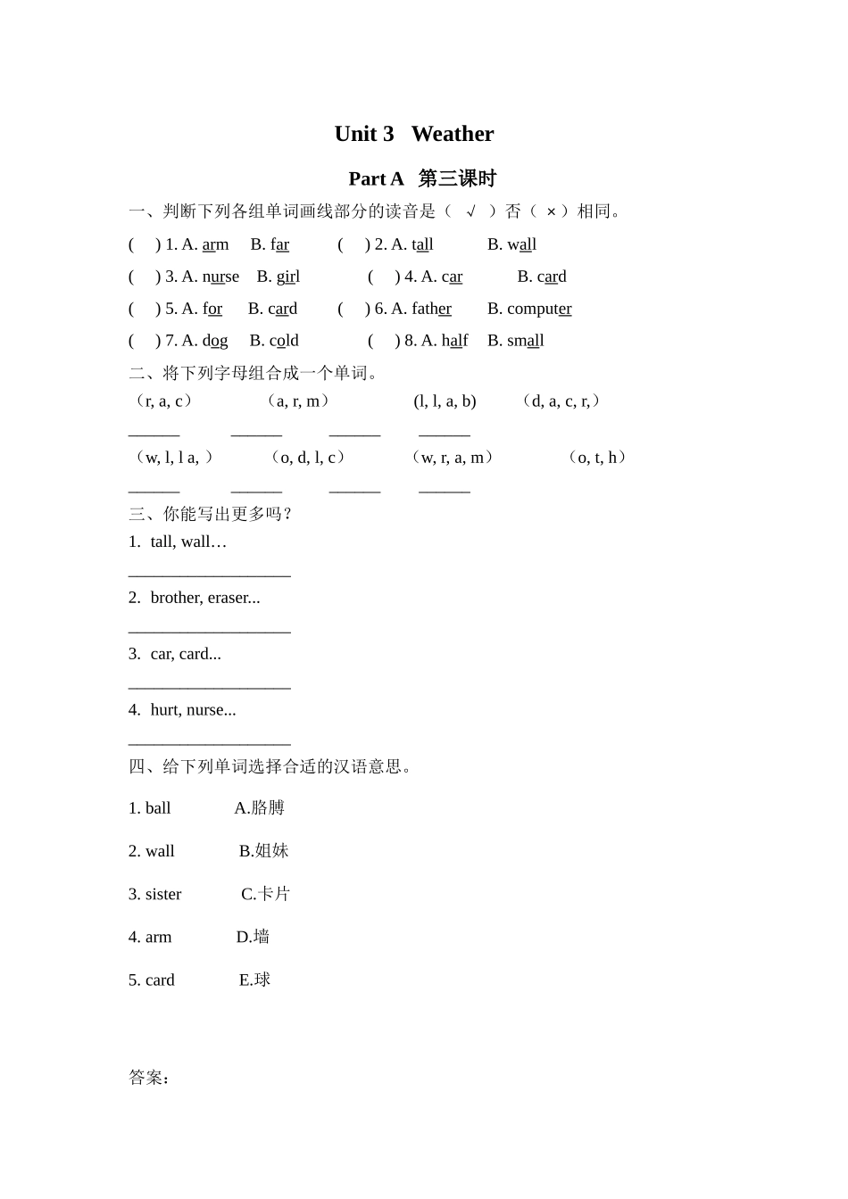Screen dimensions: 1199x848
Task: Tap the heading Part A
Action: (376, 178)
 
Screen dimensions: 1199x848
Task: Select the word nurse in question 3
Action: (220, 277)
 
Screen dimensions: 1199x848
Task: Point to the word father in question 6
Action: (431, 309)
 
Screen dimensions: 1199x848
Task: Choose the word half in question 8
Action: (454, 341)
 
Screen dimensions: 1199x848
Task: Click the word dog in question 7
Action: (215, 341)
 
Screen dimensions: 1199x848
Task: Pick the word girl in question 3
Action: (287, 277)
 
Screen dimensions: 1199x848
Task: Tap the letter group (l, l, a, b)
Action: (445, 401)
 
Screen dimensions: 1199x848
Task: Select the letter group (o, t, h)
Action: (597, 458)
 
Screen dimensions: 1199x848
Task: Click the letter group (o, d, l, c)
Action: (307, 458)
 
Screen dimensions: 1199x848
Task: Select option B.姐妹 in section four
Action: (263, 851)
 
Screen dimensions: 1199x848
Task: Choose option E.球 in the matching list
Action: (254, 980)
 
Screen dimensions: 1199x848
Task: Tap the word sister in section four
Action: (163, 894)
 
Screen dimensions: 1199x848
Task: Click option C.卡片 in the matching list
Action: (265, 894)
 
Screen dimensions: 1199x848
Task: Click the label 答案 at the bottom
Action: (148, 1078)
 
